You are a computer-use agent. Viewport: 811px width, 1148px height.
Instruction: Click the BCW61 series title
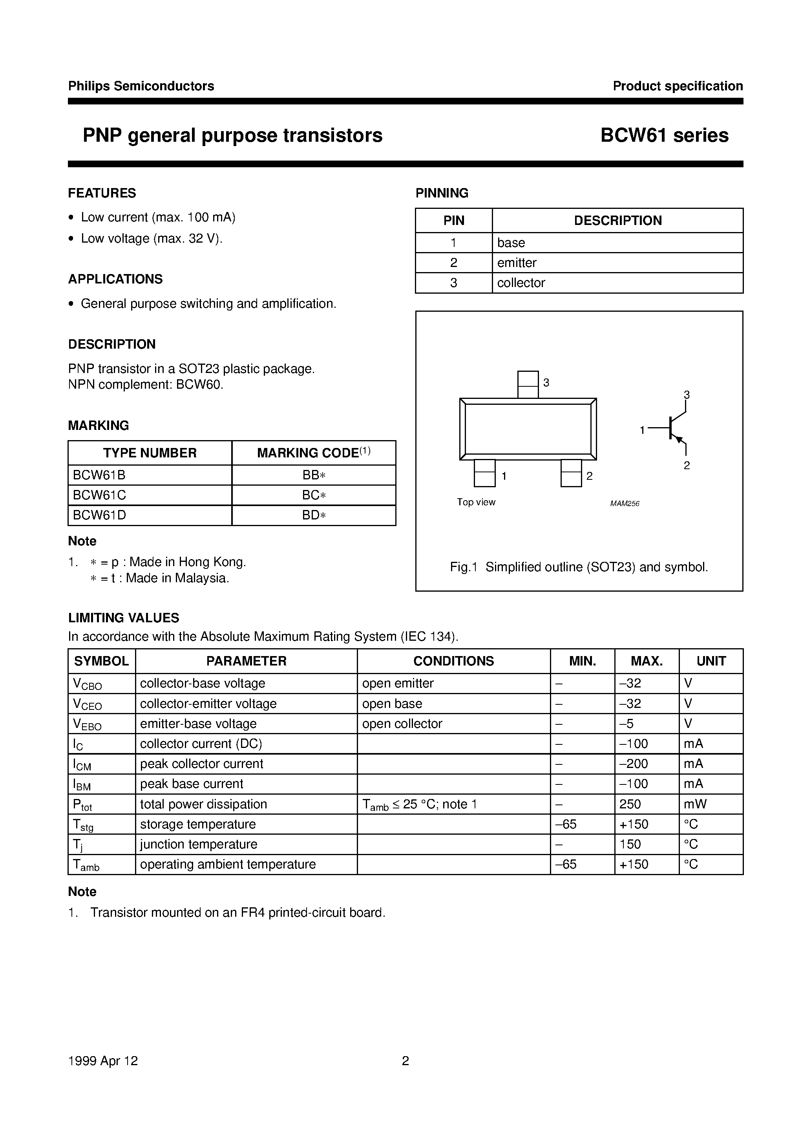(664, 135)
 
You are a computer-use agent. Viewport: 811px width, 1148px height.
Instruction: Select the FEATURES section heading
(102, 193)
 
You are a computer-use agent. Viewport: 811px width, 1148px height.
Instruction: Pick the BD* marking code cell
(314, 516)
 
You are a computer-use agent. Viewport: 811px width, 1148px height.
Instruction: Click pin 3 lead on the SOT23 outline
(528, 384)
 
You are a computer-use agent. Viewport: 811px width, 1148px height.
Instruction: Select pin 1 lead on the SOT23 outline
(484, 473)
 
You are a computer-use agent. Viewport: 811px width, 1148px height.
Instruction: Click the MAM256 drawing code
(625, 503)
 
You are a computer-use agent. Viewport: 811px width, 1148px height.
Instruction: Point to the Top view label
(476, 502)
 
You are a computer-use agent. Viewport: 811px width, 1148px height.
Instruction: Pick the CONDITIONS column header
(453, 661)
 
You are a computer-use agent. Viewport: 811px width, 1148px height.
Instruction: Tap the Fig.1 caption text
(579, 567)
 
